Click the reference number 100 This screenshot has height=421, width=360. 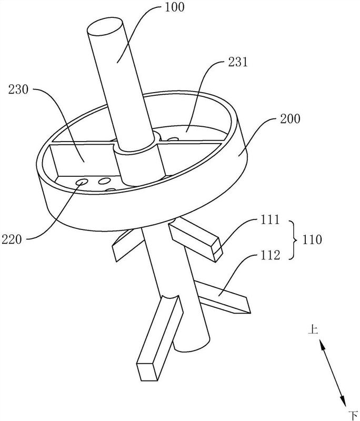pyautogui.click(x=174, y=7)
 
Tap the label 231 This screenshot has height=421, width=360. pyautogui.click(x=237, y=62)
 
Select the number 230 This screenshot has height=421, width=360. pyautogui.click(x=18, y=89)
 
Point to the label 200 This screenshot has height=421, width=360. pyautogui.click(x=290, y=119)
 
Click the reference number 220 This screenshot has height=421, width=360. pyautogui.click(x=12, y=239)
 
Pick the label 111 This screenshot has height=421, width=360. pyautogui.click(x=271, y=220)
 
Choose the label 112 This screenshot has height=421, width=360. pyautogui.click(x=271, y=255)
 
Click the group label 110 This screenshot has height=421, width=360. pyautogui.click(x=312, y=239)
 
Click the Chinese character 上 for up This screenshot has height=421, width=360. pyautogui.click(x=313, y=329)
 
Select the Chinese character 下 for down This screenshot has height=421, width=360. pyautogui.click(x=353, y=415)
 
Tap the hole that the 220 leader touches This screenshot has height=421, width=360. pyautogui.click(x=82, y=182)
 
